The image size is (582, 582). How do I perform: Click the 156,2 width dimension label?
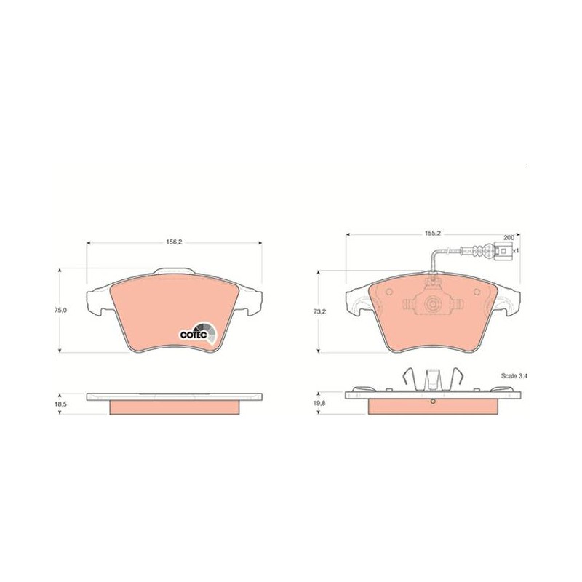pyautogui.click(x=174, y=242)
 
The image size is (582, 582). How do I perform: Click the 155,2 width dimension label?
pyautogui.click(x=432, y=233)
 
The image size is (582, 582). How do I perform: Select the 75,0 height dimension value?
pyautogui.click(x=60, y=311)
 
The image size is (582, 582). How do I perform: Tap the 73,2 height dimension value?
pyautogui.click(x=319, y=312)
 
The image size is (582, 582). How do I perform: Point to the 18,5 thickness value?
pyautogui.click(x=60, y=404)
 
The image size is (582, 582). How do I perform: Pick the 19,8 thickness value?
pyautogui.click(x=319, y=403)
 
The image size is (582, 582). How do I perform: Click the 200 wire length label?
pyautogui.click(x=509, y=238)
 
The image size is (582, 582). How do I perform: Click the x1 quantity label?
pyautogui.click(x=515, y=250)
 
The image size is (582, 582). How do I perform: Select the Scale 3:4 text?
pyautogui.click(x=514, y=376)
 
